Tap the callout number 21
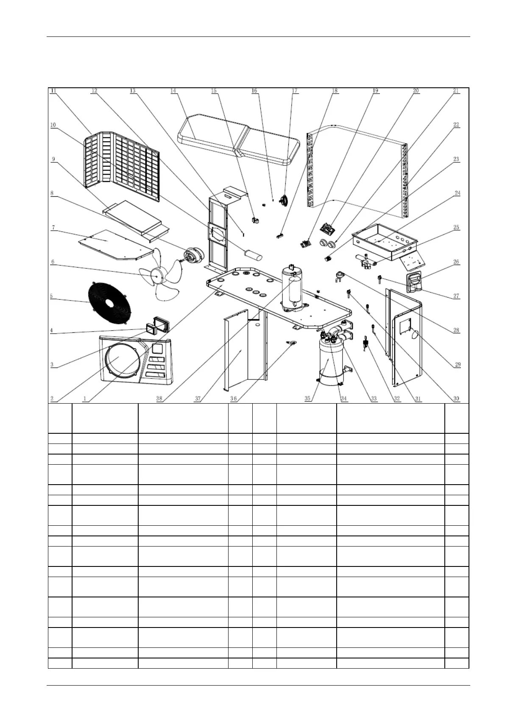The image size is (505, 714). pyautogui.click(x=456, y=91)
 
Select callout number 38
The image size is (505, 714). pyautogui.click(x=159, y=399)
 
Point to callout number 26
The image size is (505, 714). pyautogui.click(x=456, y=262)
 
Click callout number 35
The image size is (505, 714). pyautogui.click(x=307, y=399)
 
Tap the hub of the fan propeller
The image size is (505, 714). pyautogui.click(x=157, y=276)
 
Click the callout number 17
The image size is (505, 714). pyautogui.click(x=295, y=91)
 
